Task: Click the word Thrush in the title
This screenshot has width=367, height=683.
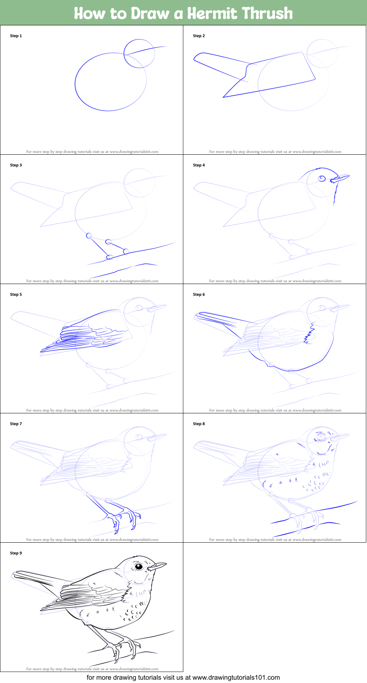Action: pyautogui.click(x=267, y=13)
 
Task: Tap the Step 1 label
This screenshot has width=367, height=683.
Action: pyautogui.click(x=16, y=36)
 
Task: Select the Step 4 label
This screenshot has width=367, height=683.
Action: pyautogui.click(x=199, y=165)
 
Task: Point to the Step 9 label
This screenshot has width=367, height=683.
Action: pyautogui.click(x=16, y=553)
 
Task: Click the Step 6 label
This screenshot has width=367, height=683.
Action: pyautogui.click(x=199, y=294)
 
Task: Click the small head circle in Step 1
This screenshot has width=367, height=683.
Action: pyautogui.click(x=139, y=54)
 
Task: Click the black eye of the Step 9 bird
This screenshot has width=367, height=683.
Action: pyautogui.click(x=139, y=567)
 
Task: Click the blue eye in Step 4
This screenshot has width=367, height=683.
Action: pyautogui.click(x=322, y=179)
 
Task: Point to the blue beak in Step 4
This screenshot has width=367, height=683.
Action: pyautogui.click(x=341, y=178)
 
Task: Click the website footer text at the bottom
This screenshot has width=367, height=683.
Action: pyautogui.click(x=183, y=677)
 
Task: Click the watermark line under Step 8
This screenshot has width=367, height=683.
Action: pyautogui.click(x=275, y=539)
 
